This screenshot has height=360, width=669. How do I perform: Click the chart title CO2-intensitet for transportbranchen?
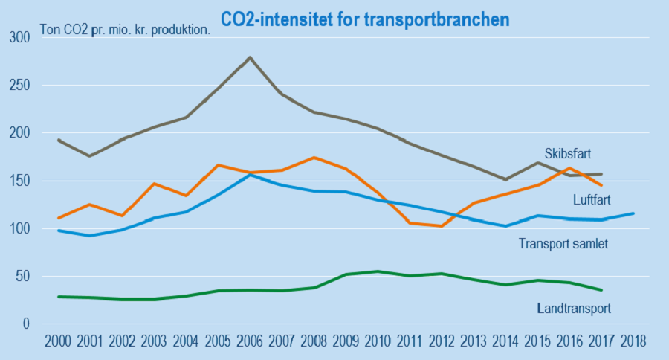tap(365, 19)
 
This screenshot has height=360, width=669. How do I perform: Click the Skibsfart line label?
tap(567, 155)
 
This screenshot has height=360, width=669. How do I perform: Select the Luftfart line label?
tap(592, 200)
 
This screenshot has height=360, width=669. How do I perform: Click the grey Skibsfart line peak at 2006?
tap(250, 57)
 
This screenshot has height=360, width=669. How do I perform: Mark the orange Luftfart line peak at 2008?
tap(314, 158)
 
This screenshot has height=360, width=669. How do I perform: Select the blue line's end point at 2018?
tap(632, 213)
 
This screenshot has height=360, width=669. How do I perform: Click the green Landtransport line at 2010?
tap(378, 271)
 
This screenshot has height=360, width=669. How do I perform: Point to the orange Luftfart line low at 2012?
tap(442, 225)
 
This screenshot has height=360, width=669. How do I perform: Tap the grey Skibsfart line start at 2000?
tap(59, 140)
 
